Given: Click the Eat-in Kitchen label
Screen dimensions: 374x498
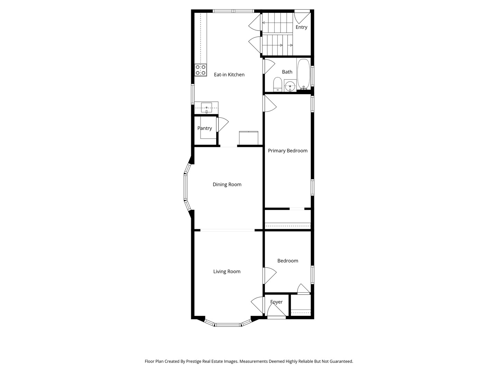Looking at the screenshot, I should click(229, 74).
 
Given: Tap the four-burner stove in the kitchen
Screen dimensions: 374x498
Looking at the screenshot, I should click(201, 70).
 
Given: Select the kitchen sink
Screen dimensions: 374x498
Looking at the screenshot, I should click(206, 108).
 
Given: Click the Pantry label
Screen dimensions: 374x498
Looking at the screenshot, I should click(204, 128).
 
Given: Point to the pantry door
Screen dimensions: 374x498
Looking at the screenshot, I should click(222, 125).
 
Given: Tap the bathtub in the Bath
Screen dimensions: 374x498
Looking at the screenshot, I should click(304, 74).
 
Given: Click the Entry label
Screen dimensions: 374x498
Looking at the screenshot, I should click(301, 27).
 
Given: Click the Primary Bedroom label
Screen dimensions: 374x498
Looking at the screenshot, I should click(287, 151).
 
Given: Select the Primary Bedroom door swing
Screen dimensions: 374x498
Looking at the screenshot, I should click(270, 104).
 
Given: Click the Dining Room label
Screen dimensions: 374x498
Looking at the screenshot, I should click(227, 185).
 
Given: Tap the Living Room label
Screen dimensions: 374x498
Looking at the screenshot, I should click(227, 271).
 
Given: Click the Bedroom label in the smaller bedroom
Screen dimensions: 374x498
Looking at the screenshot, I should click(287, 261).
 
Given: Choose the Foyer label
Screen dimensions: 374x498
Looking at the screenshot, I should click(276, 302).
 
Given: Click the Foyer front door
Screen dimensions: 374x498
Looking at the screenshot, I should click(276, 312).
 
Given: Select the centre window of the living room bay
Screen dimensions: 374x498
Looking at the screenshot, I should click(228, 325).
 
